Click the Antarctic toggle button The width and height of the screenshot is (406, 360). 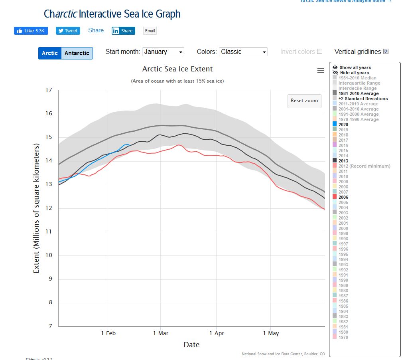point(77,53)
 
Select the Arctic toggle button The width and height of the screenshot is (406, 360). point(50,53)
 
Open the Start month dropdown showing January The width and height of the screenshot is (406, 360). point(163,52)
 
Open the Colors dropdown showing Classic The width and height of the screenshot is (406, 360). point(243,52)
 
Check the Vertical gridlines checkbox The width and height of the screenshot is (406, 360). point(386,51)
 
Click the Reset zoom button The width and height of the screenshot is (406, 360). point(304,101)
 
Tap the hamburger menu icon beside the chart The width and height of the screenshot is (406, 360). point(320,70)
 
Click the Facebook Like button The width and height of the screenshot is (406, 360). point(31,31)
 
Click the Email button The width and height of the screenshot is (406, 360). point(150,31)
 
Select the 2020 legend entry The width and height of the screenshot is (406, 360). point(343,125)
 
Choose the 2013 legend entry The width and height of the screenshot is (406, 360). point(343,161)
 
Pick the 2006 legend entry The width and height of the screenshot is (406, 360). point(343,197)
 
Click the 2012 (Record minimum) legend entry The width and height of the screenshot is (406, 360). point(364,166)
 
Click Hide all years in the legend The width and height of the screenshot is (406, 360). point(354,73)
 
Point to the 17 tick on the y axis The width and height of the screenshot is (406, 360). point(49,90)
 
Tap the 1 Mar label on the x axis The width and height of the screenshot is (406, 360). point(160,333)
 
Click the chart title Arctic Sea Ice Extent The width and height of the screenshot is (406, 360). point(177,69)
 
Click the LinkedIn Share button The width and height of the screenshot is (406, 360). point(123,31)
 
